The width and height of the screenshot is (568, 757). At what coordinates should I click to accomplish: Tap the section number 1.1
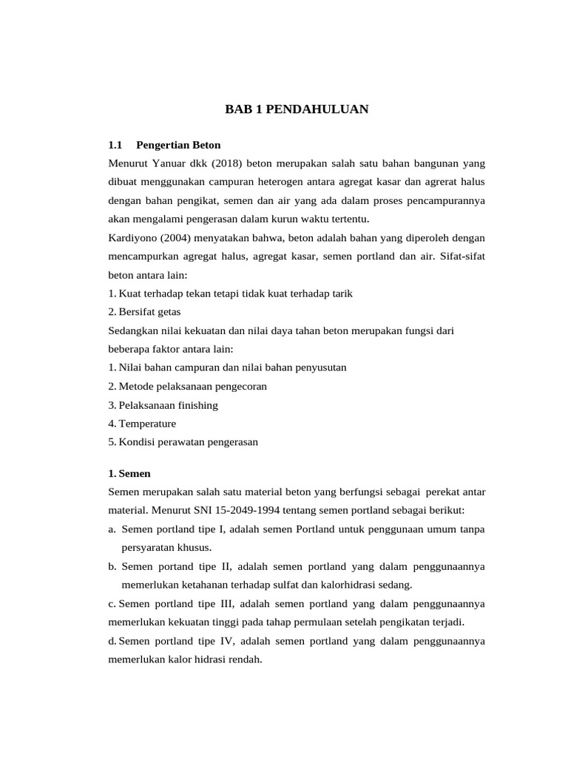(114, 144)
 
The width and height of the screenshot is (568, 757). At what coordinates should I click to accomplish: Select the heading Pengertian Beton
(178, 144)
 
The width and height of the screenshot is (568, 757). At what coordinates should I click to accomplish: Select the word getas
(168, 312)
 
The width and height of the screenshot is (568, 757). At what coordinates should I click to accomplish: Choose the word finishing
(195, 405)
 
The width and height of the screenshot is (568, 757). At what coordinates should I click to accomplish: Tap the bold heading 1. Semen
(129, 473)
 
